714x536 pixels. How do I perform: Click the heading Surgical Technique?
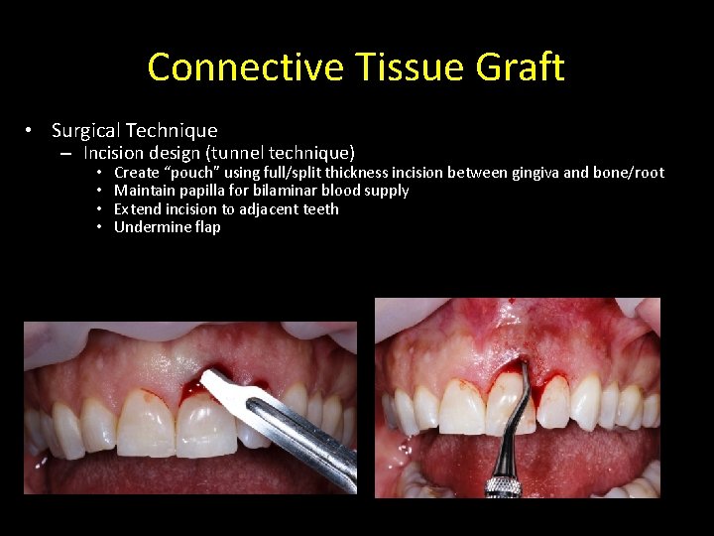click(134, 130)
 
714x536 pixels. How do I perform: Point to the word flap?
click(206, 227)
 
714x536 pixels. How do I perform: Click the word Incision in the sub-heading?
click(114, 153)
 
